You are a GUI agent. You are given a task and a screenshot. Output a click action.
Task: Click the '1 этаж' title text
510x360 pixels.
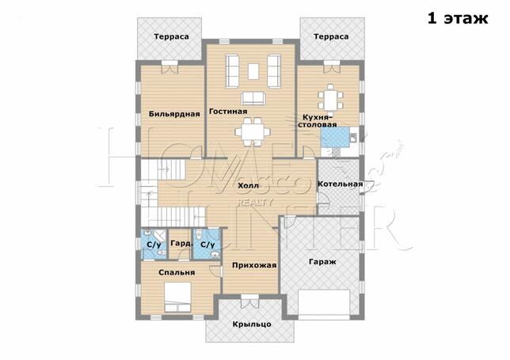458,18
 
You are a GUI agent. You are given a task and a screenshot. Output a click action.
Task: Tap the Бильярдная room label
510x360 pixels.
174,114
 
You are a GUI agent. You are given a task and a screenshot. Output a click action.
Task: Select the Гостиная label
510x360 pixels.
228,112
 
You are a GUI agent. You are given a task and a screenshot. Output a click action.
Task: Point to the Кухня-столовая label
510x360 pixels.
318,120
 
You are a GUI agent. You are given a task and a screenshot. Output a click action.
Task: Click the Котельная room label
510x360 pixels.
340,184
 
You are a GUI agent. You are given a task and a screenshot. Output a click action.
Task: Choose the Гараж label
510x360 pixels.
322,262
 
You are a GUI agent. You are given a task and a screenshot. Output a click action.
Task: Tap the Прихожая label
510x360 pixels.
254,266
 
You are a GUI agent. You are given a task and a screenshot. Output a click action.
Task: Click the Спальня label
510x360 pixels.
177,273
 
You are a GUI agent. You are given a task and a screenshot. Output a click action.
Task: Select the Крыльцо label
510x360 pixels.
252,324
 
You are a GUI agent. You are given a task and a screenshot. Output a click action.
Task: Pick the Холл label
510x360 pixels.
248,186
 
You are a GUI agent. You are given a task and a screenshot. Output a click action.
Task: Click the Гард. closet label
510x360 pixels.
181,244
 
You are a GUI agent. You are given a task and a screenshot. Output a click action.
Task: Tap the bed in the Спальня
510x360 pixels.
177,297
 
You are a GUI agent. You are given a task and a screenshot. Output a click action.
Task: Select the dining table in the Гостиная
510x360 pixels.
253,132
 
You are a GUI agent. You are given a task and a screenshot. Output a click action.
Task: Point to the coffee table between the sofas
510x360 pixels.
253,71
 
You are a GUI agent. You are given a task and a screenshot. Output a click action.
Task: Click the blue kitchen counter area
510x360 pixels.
335,138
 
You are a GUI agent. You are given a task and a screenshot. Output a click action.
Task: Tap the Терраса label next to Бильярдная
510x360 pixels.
171,36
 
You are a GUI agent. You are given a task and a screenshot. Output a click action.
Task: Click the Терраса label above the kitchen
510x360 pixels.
331,36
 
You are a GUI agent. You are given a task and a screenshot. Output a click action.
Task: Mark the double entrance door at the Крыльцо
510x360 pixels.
249,301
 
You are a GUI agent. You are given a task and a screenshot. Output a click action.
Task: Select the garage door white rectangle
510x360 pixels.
324,301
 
